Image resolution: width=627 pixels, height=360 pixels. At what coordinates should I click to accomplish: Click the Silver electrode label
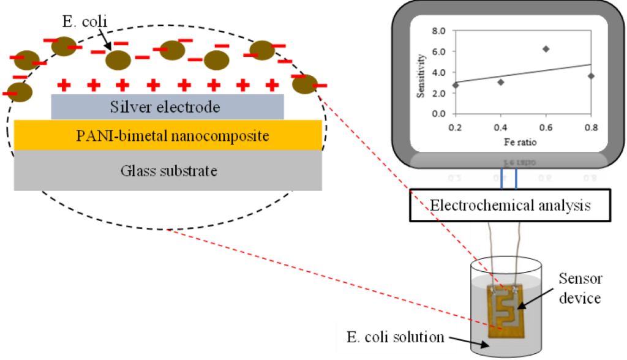pyautogui.click(x=165, y=107)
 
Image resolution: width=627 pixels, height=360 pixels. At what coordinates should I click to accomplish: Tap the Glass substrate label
pyautogui.click(x=168, y=170)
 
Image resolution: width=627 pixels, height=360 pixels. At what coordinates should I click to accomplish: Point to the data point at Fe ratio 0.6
pyautogui.click(x=546, y=48)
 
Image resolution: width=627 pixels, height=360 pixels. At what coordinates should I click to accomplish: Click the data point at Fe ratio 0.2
pyautogui.click(x=456, y=85)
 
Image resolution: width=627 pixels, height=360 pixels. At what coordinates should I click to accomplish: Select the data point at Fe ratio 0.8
pyautogui.click(x=591, y=76)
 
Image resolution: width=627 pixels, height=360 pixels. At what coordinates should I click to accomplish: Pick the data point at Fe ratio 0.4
pyautogui.click(x=501, y=82)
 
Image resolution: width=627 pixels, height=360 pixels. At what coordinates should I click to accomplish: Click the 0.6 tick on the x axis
pyautogui.click(x=546, y=127)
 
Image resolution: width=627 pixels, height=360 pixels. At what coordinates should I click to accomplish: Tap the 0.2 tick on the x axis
pyautogui.click(x=456, y=127)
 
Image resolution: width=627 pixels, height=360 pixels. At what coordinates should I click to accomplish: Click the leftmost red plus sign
pyautogui.click(x=63, y=84)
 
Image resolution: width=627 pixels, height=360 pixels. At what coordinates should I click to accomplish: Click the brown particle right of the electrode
pyautogui.click(x=304, y=84)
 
